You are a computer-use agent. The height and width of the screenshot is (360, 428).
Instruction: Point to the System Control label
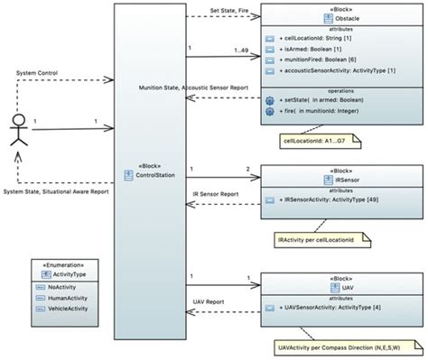tap(37, 71)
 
